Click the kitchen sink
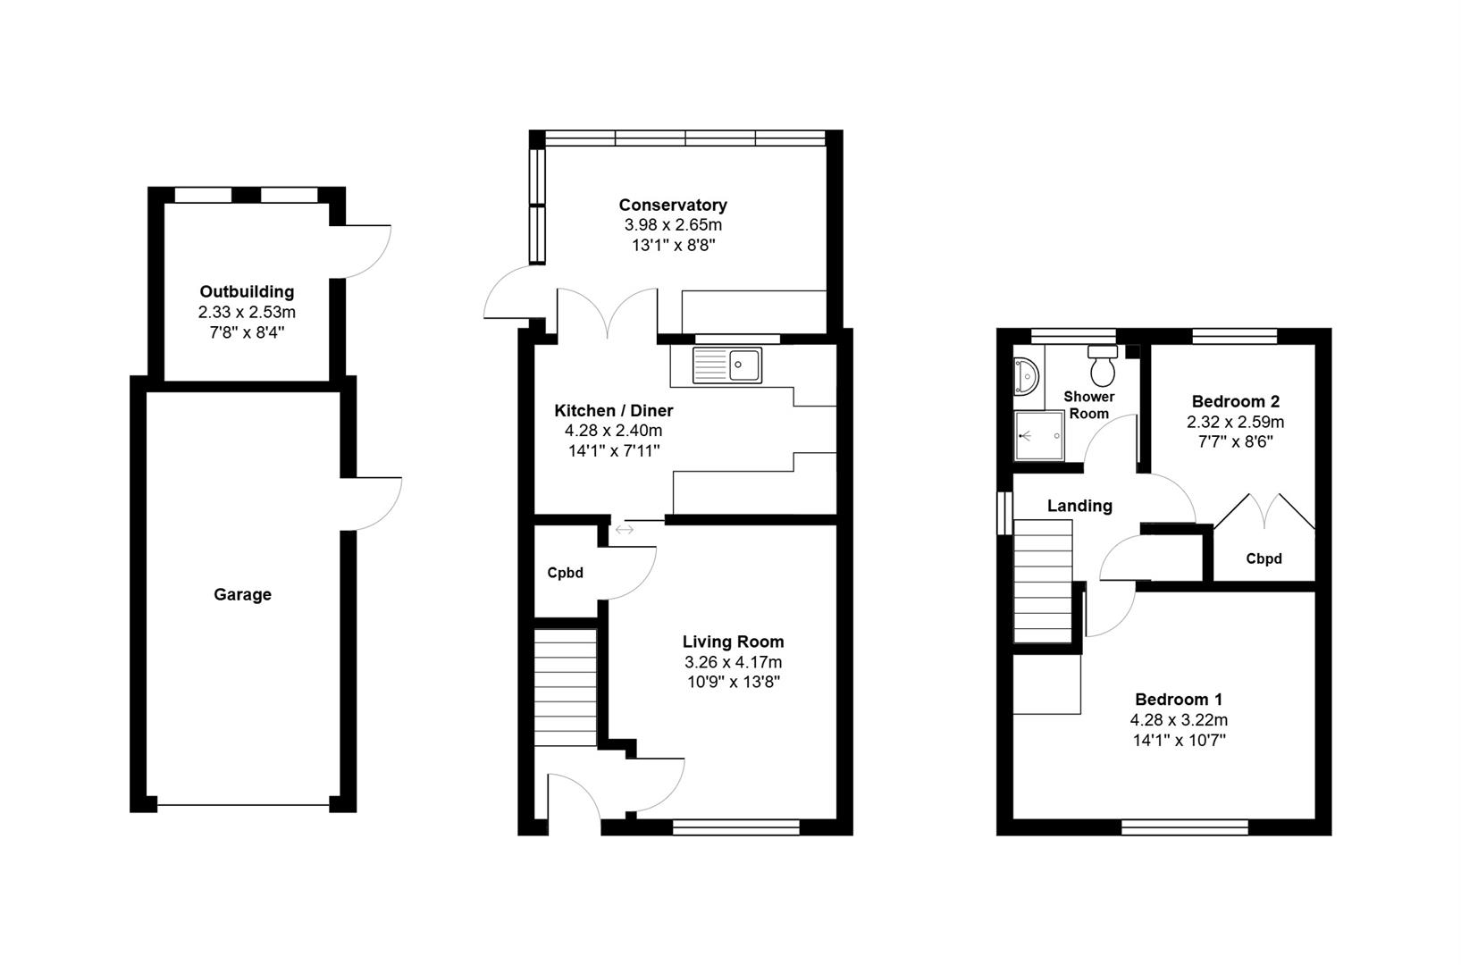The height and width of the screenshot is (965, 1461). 727,365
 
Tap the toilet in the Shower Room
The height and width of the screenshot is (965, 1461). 1103,365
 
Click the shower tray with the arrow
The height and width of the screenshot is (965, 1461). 1039,435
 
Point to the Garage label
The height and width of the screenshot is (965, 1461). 243,595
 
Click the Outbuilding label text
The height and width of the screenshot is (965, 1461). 247,291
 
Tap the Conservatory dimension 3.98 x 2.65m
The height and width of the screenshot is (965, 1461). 673,225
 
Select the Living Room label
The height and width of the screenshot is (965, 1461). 733,642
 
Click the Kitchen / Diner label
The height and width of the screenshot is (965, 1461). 614,411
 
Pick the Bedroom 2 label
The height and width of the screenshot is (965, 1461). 1235,402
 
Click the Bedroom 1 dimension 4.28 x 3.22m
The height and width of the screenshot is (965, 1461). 1179,720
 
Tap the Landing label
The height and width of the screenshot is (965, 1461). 1079,506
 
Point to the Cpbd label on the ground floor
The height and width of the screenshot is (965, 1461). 565,573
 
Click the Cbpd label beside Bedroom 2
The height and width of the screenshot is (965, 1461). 1264,558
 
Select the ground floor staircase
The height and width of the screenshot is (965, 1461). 566,687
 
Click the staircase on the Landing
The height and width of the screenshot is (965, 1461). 1043,582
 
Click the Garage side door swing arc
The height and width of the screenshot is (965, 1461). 390,515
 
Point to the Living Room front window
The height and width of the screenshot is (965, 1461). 735,828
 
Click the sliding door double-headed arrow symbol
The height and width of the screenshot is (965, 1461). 625,530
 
